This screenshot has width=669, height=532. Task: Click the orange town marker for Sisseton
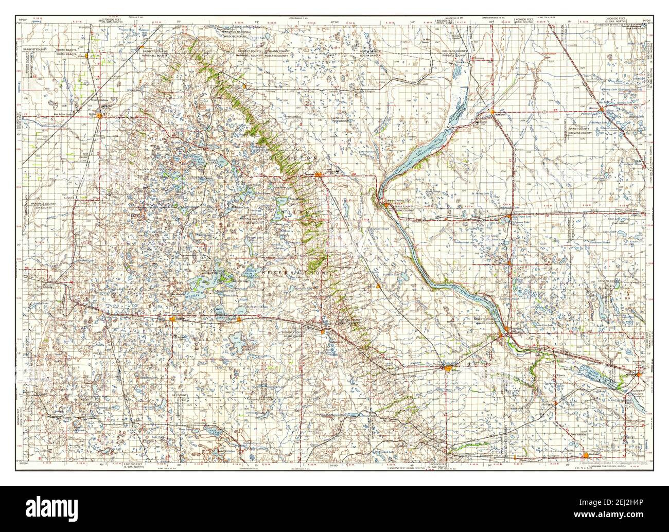coord(320,174)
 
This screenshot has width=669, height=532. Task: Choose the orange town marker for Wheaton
coord(492,112)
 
